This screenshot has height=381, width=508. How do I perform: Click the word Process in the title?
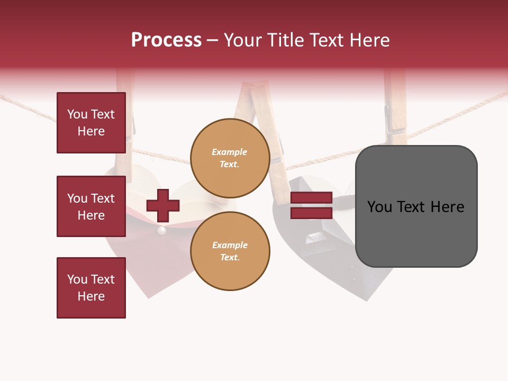coord(166,40)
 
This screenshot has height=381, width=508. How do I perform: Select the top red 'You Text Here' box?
coord(91,123)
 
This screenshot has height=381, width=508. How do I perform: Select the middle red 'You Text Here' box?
coord(91,206)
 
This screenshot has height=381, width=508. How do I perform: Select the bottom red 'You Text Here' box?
coord(91,288)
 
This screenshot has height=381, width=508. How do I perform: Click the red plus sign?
coord(162,205)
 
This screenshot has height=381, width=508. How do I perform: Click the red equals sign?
coord(311,205)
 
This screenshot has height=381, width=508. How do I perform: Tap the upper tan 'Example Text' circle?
coord(230,158)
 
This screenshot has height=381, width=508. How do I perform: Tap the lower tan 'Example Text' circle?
coord(230,251)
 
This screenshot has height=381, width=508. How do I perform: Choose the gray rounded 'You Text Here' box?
coord(416,206)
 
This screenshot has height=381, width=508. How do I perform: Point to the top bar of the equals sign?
coord(311,198)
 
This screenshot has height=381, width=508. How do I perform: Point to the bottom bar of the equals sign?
coord(311,213)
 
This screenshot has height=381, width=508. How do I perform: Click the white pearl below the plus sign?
coord(162,231)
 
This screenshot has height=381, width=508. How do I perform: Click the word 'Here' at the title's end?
coord(369,40)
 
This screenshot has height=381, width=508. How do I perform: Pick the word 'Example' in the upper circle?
coord(229,152)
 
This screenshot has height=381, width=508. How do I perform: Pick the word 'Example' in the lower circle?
coord(230,245)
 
